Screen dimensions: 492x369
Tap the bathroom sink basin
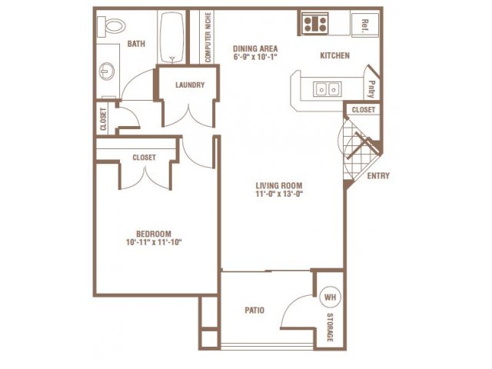(107, 71)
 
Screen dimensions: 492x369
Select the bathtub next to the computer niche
(171, 37)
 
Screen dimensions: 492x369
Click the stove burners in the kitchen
(315, 24)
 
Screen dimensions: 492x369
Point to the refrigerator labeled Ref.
(365, 25)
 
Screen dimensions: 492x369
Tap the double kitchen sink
(327, 89)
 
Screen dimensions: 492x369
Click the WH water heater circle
(330, 297)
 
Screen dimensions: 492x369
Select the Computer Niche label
(208, 37)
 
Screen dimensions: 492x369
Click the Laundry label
(190, 85)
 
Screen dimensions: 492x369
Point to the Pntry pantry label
(371, 89)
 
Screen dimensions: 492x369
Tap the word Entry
(378, 176)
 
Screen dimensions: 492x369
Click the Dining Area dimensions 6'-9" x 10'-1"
(255, 57)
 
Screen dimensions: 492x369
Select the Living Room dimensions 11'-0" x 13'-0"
(279, 194)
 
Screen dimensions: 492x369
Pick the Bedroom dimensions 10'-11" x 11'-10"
(154, 242)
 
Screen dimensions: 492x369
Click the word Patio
(254, 311)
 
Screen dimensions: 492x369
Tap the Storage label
(330, 327)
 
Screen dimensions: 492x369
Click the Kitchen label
(335, 55)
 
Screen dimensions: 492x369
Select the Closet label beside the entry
(364, 110)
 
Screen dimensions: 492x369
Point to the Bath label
(136, 44)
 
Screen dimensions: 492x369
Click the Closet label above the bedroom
(144, 157)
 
